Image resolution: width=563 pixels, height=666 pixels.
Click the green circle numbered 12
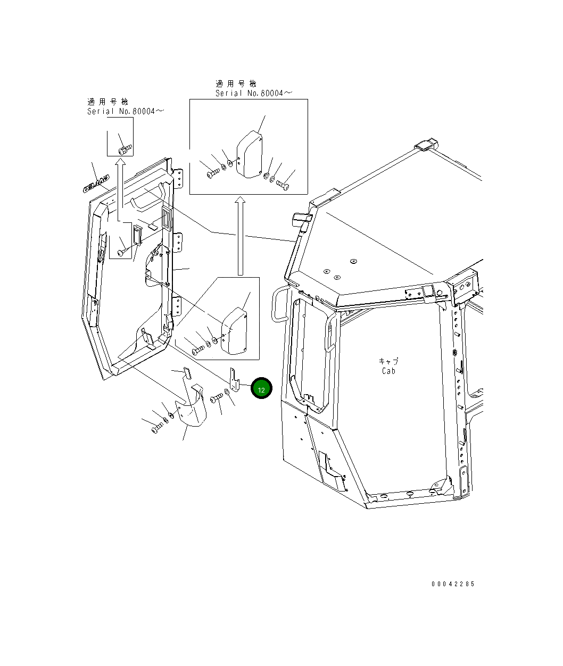[261, 389]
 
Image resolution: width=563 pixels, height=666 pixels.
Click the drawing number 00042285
[453, 584]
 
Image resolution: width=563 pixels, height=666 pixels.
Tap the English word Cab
[388, 371]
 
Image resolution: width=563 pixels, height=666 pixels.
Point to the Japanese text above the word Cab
[388, 361]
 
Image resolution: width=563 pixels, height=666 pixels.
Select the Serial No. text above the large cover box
[253, 93]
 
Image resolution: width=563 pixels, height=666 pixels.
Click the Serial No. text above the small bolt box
[126, 111]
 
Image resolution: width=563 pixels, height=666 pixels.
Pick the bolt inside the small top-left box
[124, 149]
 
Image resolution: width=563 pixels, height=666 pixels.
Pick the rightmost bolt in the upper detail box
[282, 185]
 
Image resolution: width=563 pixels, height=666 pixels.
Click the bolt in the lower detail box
[197, 350]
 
